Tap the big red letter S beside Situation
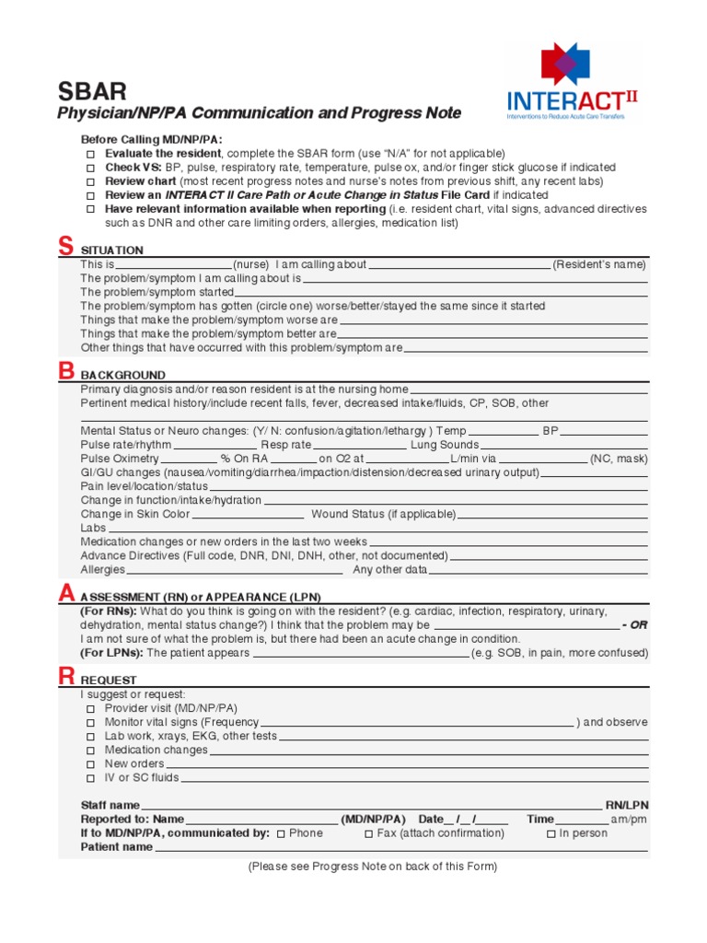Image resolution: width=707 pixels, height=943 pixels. tap(64, 246)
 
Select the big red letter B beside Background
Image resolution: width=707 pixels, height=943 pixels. tap(65, 371)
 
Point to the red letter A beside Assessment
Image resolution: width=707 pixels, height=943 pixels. tap(65, 594)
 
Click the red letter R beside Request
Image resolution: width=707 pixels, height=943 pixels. tap(65, 676)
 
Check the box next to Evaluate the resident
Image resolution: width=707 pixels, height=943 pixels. tap(90, 154)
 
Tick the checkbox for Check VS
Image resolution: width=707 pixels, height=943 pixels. tap(90, 168)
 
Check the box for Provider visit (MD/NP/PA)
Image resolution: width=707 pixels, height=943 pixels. tap(90, 709)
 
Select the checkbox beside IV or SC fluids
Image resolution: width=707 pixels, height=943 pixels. tap(90, 778)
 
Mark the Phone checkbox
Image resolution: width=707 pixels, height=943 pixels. tap(281, 833)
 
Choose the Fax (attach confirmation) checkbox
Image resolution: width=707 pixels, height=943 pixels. tap(368, 833)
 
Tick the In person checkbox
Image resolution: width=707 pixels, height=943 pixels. tap(551, 833)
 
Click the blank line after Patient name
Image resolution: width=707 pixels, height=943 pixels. tap(401, 848)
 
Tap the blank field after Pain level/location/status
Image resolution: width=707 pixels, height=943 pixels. tap(429, 486)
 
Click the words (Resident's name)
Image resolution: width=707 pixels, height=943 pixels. tap(599, 265)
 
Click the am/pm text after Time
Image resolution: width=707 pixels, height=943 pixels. tap(629, 820)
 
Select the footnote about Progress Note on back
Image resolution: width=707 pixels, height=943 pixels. tap(372, 867)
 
